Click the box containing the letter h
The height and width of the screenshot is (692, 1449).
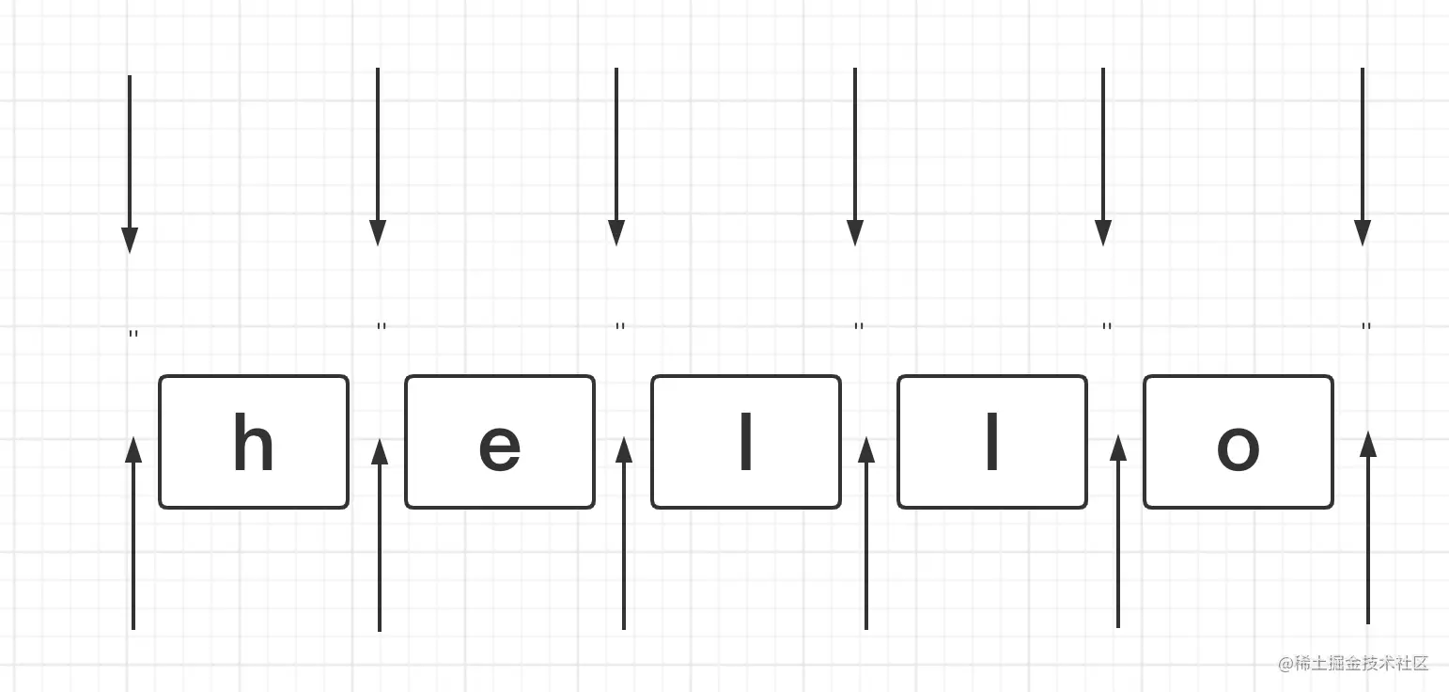[x=254, y=442]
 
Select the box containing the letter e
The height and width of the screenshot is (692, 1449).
[x=500, y=442]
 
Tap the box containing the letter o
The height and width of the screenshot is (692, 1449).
[x=1239, y=442]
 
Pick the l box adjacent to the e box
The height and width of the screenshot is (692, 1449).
[x=746, y=442]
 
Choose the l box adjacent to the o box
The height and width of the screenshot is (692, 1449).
[x=992, y=442]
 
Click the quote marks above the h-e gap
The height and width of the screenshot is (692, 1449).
[x=382, y=327]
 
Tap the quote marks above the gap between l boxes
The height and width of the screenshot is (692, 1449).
[x=859, y=327]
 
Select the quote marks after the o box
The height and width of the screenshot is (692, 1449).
[x=1366, y=327]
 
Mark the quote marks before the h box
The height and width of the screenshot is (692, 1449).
[x=133, y=334]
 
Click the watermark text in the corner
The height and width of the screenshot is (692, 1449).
[x=1353, y=664]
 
